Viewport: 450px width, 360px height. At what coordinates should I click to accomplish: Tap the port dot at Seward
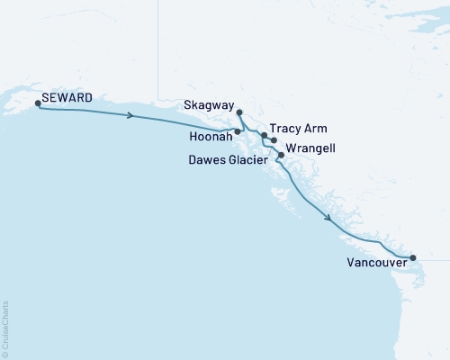(37, 103)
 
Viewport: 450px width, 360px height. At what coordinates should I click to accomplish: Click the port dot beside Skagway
(239, 112)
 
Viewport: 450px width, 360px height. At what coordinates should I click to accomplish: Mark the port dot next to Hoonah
(238, 131)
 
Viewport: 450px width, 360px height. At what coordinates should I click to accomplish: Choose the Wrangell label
(310, 148)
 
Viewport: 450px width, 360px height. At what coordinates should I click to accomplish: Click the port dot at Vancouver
(413, 258)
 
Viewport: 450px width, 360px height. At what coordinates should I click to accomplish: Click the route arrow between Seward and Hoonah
(132, 115)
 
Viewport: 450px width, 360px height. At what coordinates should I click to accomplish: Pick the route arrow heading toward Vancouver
(328, 218)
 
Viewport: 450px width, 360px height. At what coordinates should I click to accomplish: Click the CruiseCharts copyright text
(5, 328)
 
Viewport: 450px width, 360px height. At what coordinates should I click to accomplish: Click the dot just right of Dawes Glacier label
(281, 156)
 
